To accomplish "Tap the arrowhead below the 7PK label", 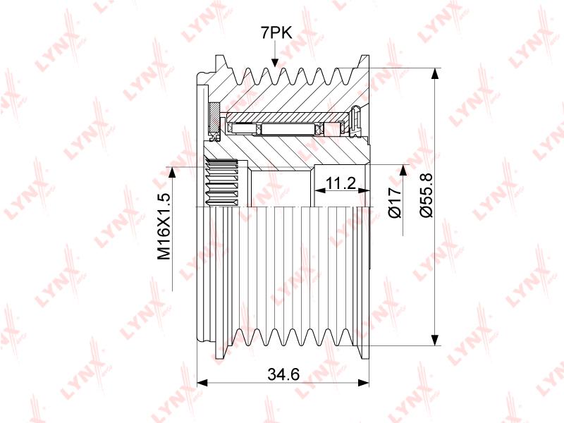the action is point(275,62).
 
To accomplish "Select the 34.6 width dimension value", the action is point(284,374).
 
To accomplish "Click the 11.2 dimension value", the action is point(340,183).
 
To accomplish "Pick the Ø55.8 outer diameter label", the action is point(427,195).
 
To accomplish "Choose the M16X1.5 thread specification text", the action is point(164,226).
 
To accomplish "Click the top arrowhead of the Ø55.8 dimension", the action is point(435,73).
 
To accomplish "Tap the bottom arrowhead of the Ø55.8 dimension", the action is point(435,340).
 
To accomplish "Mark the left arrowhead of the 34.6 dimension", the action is point(203,383).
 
